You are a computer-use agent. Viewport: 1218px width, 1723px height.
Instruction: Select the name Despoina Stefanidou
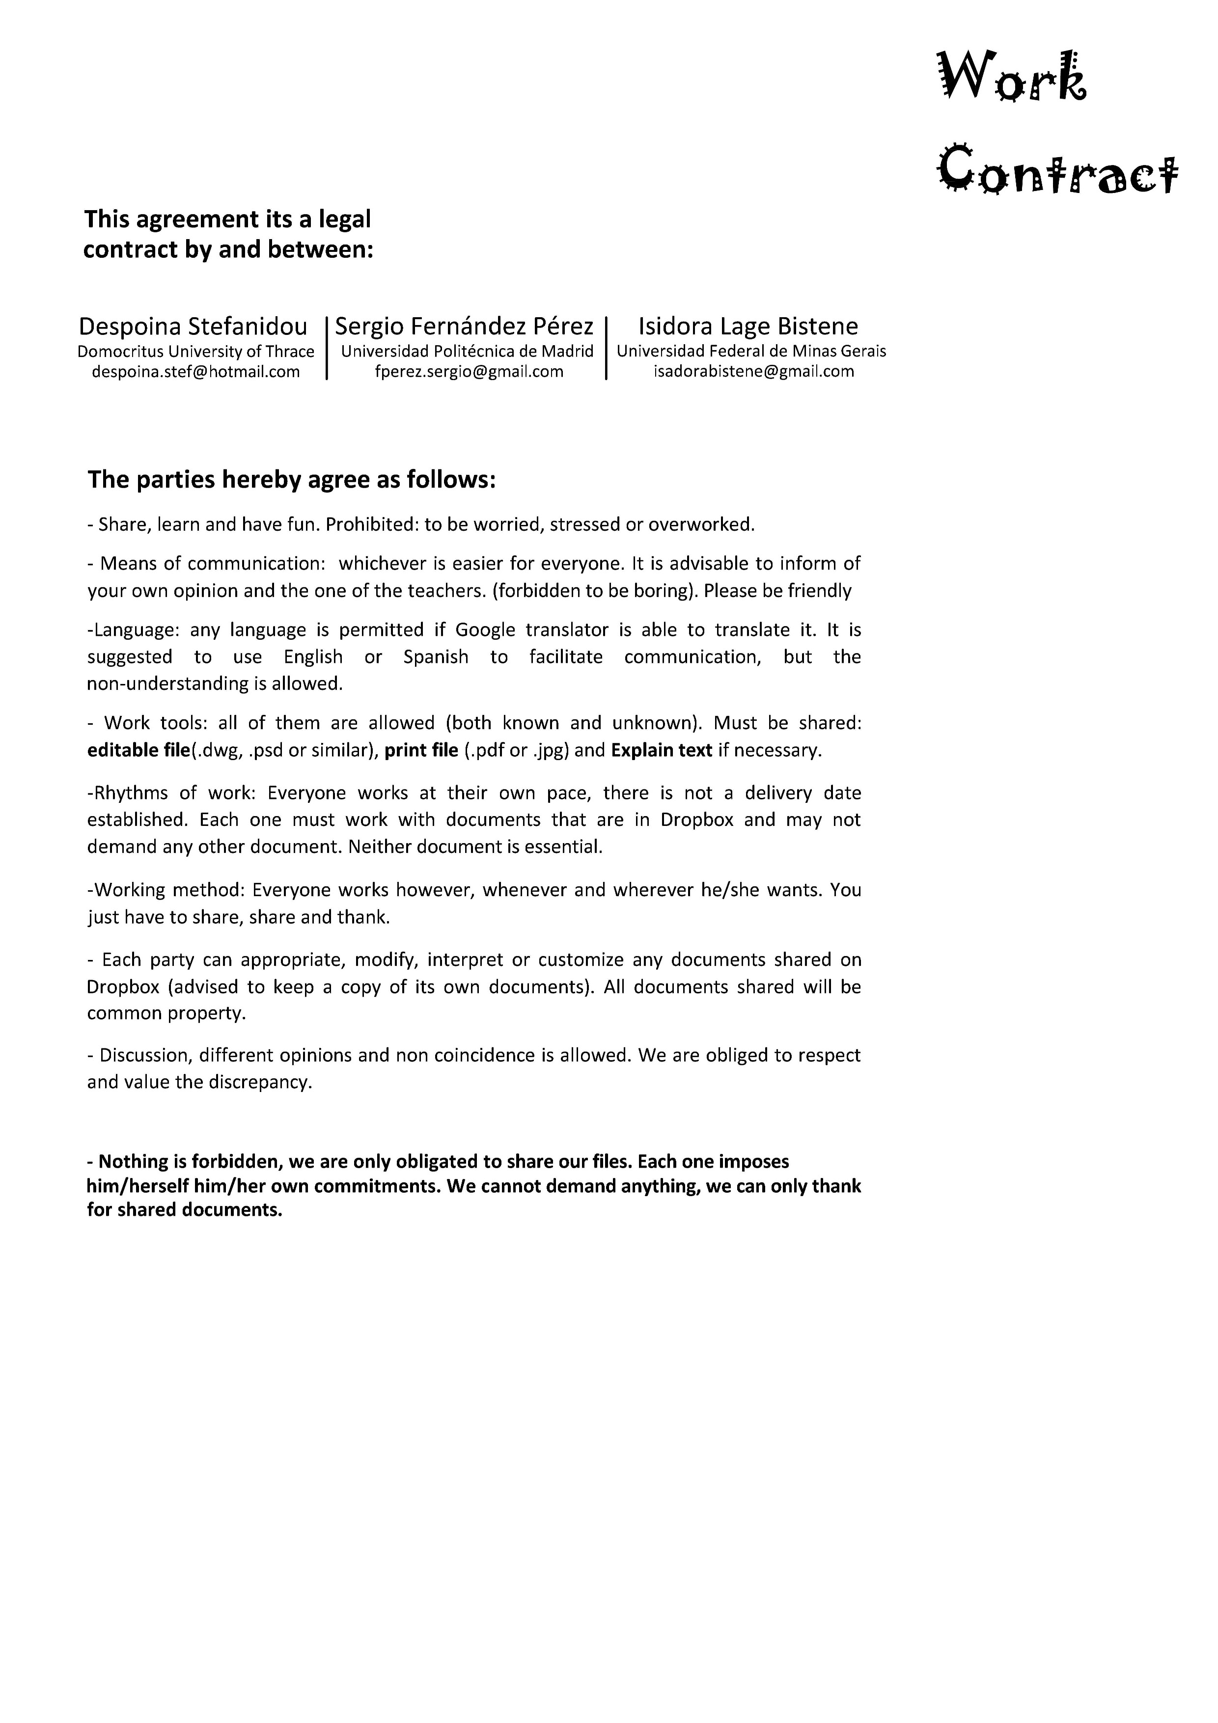point(193,327)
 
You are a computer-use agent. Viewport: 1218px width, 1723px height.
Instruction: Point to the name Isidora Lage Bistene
point(747,327)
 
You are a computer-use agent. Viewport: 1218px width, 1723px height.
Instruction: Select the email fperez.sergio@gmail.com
point(469,372)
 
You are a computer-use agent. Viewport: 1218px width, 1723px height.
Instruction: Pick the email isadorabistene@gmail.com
point(753,372)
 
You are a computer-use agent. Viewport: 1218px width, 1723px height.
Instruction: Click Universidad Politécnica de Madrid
point(467,351)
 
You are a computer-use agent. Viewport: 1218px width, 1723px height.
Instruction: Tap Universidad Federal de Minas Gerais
point(751,351)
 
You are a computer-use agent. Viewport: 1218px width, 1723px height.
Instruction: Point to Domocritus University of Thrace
point(196,351)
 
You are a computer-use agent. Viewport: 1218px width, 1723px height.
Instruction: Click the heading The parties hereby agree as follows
point(292,480)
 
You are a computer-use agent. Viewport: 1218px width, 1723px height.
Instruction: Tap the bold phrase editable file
point(138,750)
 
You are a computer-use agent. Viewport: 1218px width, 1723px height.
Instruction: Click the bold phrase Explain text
point(661,750)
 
